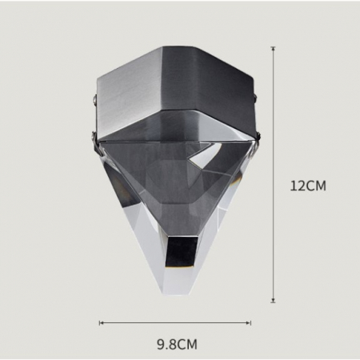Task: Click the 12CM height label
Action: [308, 186]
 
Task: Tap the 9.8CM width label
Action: [176, 345]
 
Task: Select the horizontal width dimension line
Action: [175, 322]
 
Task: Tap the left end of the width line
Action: [99, 322]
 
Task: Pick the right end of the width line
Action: [251, 322]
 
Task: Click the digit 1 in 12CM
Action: [293, 186]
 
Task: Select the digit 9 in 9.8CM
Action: [159, 345]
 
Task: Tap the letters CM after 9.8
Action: [187, 345]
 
